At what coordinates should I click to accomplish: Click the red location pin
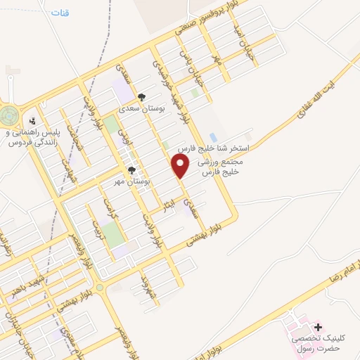click(x=181, y=167)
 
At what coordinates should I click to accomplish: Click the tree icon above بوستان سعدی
click(x=142, y=98)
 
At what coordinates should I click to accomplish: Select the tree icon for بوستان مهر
click(x=131, y=171)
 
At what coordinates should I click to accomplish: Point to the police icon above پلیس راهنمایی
click(x=32, y=121)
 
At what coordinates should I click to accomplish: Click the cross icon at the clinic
click(x=318, y=327)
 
